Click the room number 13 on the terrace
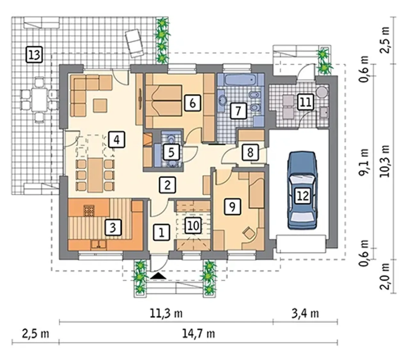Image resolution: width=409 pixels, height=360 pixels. (x=34, y=55)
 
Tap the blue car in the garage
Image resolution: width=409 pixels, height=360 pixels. (x=302, y=190)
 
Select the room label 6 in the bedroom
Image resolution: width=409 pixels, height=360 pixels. (x=192, y=103)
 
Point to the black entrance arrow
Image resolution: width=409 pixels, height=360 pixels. (x=158, y=276)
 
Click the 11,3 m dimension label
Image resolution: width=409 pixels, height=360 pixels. (x=166, y=314)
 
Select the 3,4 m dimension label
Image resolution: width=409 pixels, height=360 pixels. (x=305, y=314)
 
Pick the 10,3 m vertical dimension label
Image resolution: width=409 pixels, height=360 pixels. (x=385, y=161)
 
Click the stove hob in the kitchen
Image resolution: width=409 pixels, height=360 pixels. (x=89, y=211)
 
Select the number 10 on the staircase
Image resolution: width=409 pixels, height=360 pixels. (x=193, y=225)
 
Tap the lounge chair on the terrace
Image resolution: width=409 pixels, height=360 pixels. (x=134, y=43)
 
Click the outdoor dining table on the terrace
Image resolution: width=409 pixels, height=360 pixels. (x=39, y=100)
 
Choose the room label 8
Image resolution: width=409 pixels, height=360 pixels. (x=250, y=152)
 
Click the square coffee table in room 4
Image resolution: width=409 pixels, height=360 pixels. (x=100, y=106)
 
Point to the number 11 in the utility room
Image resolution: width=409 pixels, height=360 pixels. (x=305, y=102)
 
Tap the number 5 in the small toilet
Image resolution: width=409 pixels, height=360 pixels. (x=171, y=152)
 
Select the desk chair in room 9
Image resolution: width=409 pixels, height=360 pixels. (x=250, y=233)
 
